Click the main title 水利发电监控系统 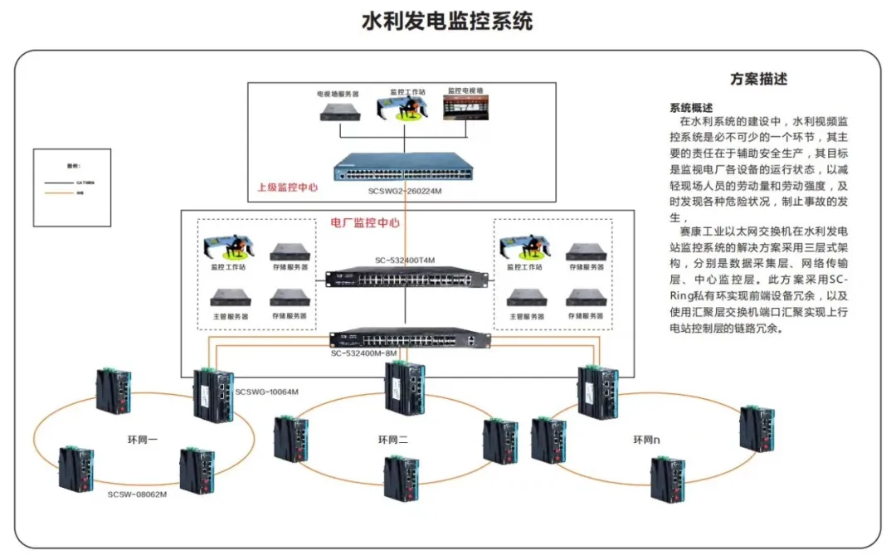[x=447, y=21]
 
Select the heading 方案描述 [x=758, y=80]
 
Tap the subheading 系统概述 [x=691, y=108]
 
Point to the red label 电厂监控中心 [x=365, y=223]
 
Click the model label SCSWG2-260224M [x=406, y=190]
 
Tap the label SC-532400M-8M [x=364, y=353]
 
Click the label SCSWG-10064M [x=266, y=392]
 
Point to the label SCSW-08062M [x=138, y=494]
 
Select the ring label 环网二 [x=395, y=440]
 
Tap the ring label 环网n [x=650, y=440]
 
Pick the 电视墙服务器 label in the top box [x=338, y=95]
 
